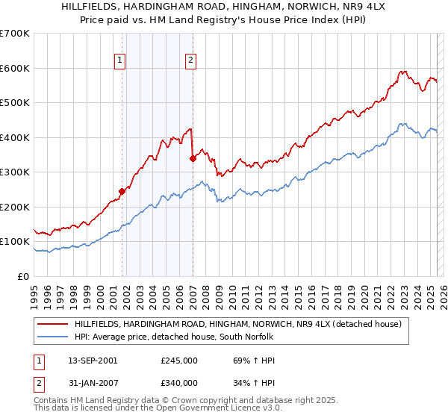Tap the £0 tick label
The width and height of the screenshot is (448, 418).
(x=24, y=276)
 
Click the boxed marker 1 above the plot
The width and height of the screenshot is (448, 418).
(x=120, y=61)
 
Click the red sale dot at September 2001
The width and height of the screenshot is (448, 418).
(x=122, y=191)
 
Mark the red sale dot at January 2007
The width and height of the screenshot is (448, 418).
(x=193, y=158)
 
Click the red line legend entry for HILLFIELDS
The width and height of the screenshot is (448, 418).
(x=238, y=324)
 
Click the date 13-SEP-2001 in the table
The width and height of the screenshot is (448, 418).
(x=92, y=361)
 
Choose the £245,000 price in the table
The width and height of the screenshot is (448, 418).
(x=178, y=361)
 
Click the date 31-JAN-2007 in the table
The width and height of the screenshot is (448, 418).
(x=92, y=386)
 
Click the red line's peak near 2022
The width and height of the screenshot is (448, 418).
(x=403, y=72)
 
